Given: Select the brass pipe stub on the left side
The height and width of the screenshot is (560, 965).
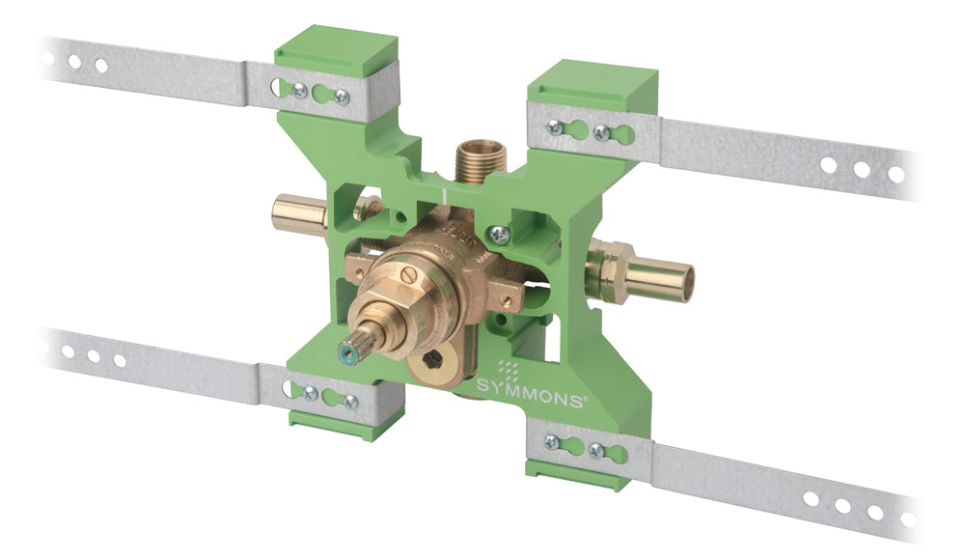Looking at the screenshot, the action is click(299, 211).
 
